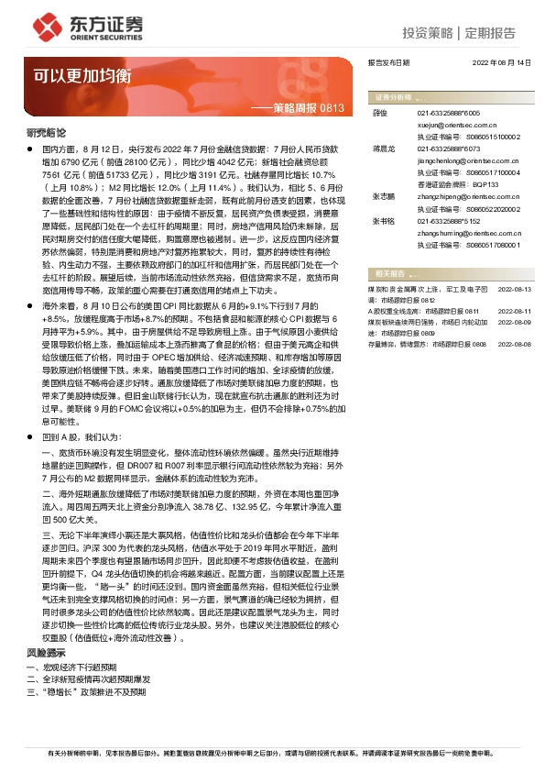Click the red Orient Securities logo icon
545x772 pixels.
[46, 27]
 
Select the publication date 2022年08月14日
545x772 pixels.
[501, 64]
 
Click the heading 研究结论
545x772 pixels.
[46, 133]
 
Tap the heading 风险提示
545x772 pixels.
[46, 652]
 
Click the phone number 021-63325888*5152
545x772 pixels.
[450, 220]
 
